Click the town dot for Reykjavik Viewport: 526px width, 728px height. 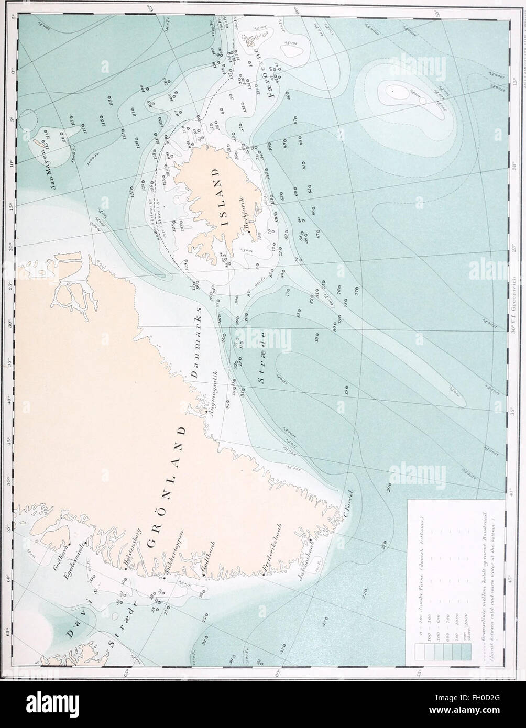point(250,232)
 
